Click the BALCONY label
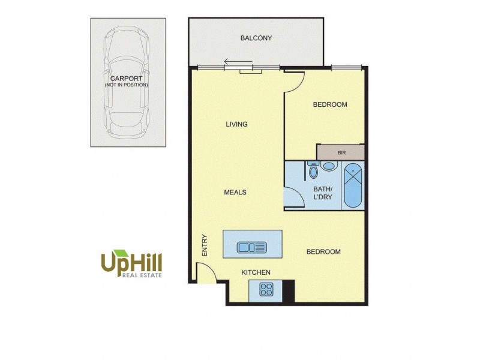pyautogui.click(x=256, y=38)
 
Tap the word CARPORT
pyautogui.click(x=126, y=78)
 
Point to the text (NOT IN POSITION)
pyautogui.click(x=126, y=85)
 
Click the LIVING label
pyautogui.click(x=236, y=125)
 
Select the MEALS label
pyautogui.click(x=235, y=193)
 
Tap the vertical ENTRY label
pyautogui.click(x=205, y=245)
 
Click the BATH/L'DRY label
pyautogui.click(x=323, y=193)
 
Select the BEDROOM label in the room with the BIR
pyautogui.click(x=330, y=105)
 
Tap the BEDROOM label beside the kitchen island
pyautogui.click(x=323, y=252)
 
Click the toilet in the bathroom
pyautogui.click(x=313, y=171)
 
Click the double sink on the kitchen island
pyautogui.click(x=251, y=247)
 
